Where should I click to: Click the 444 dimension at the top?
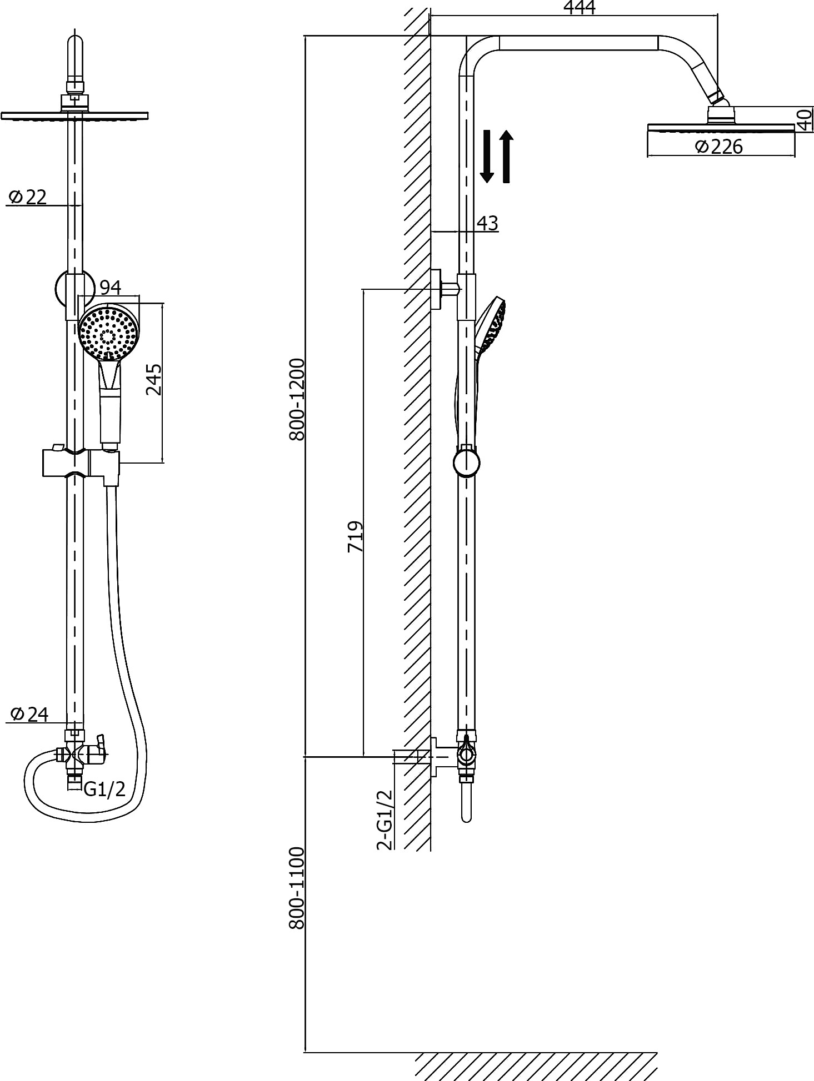coord(579,7)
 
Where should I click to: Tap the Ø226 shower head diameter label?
coord(718,147)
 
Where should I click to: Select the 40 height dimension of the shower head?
coord(804,119)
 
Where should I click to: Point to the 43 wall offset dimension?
coord(487,223)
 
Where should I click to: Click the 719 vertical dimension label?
coord(355,536)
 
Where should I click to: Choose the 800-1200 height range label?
coord(297,399)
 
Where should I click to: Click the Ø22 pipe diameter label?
coord(28,197)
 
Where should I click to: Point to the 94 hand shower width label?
coord(110,288)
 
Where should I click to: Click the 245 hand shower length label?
coord(153,379)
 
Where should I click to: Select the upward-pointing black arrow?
coord(506,157)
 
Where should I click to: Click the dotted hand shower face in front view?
coord(109,333)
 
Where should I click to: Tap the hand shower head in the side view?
coord(490,325)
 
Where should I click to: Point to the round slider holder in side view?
coord(467,462)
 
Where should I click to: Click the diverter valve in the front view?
coord(83,753)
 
